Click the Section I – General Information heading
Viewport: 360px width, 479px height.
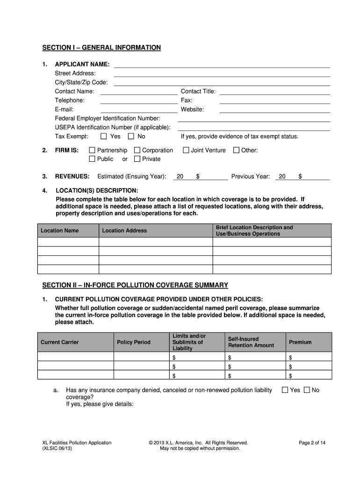tap(101, 48)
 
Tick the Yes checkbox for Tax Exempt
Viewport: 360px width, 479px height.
tap(104, 137)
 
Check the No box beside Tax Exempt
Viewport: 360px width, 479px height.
tap(131, 137)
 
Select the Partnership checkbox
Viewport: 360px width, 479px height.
tap(92, 150)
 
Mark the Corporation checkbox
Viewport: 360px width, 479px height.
tap(137, 150)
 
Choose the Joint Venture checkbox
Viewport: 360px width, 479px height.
tap(186, 150)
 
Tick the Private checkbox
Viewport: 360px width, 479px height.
tap(137, 159)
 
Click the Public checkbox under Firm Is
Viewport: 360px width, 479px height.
tap(92, 159)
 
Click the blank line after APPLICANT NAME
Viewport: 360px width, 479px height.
tap(222, 65)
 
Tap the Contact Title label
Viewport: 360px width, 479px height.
tap(198, 91)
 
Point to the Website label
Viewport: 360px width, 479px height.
tap(192, 109)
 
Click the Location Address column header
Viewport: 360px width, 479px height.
tap(124, 231)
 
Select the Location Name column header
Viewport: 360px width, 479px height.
tap(60, 231)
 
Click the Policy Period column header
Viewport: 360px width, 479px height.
tap(134, 342)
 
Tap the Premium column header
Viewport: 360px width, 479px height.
tap(300, 342)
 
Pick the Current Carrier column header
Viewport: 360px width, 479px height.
tap(60, 342)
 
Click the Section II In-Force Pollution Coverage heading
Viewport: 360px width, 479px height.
tap(135, 285)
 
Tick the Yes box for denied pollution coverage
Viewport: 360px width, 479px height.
tap(285, 390)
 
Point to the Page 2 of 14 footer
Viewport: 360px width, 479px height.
tap(312, 443)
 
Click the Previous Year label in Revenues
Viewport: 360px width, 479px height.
tap(251, 176)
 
